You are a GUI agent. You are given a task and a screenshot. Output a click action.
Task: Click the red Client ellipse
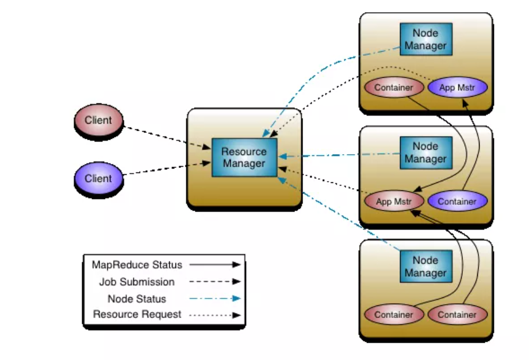click(x=98, y=121)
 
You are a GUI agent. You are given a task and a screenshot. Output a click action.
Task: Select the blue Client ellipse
click(x=98, y=179)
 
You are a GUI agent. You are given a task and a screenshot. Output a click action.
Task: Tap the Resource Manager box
click(x=244, y=157)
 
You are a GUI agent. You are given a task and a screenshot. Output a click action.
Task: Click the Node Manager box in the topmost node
click(x=425, y=40)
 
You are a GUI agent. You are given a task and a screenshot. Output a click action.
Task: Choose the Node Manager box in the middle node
click(x=425, y=153)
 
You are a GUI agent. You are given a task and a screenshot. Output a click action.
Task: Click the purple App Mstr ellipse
click(x=457, y=88)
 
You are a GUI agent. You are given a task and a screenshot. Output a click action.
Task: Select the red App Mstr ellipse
click(x=394, y=201)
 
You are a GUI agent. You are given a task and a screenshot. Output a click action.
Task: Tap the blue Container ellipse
click(x=457, y=201)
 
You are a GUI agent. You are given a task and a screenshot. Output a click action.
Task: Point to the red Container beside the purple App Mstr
click(x=394, y=88)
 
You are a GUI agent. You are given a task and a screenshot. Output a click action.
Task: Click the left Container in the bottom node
click(x=394, y=315)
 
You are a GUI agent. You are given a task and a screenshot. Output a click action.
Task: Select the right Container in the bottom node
click(x=457, y=315)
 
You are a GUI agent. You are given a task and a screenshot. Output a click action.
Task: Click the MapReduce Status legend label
click(x=137, y=265)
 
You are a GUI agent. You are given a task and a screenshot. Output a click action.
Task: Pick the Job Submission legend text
click(x=137, y=282)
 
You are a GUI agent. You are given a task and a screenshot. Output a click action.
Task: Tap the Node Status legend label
click(x=137, y=298)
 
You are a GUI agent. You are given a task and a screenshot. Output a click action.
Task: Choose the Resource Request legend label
click(x=137, y=315)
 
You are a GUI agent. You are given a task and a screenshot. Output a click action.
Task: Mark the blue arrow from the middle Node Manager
click(x=339, y=155)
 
